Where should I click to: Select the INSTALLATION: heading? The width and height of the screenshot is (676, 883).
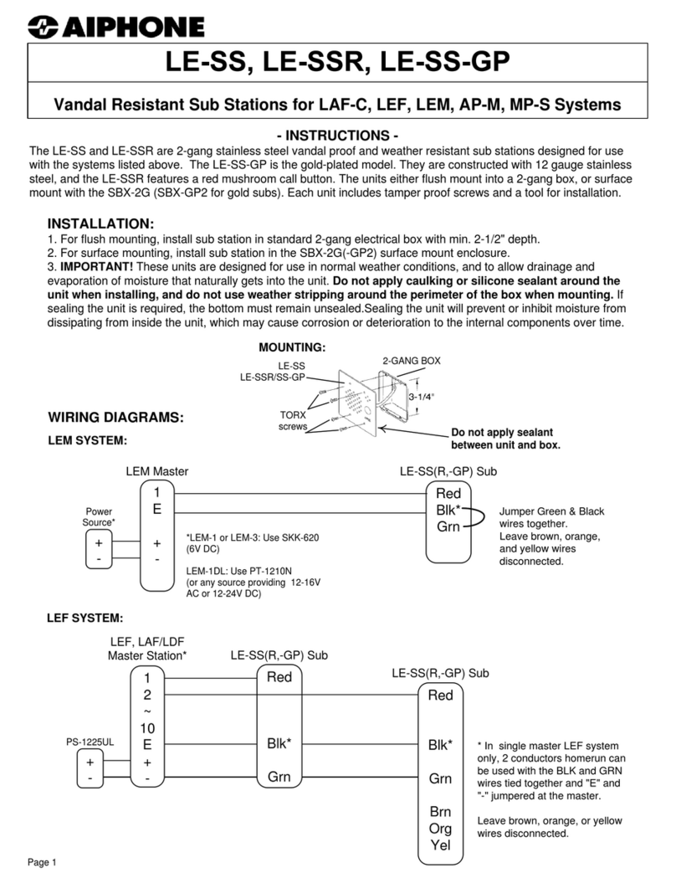100,224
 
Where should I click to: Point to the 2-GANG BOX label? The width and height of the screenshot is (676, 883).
412,361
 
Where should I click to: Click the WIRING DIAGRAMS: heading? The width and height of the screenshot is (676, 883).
115,417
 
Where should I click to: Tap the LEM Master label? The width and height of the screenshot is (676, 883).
156,472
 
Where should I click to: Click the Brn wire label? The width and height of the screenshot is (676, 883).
440,811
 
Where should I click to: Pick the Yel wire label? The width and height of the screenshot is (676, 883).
440,845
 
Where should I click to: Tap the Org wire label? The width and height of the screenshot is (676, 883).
440,829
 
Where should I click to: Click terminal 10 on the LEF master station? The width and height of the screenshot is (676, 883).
147,727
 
